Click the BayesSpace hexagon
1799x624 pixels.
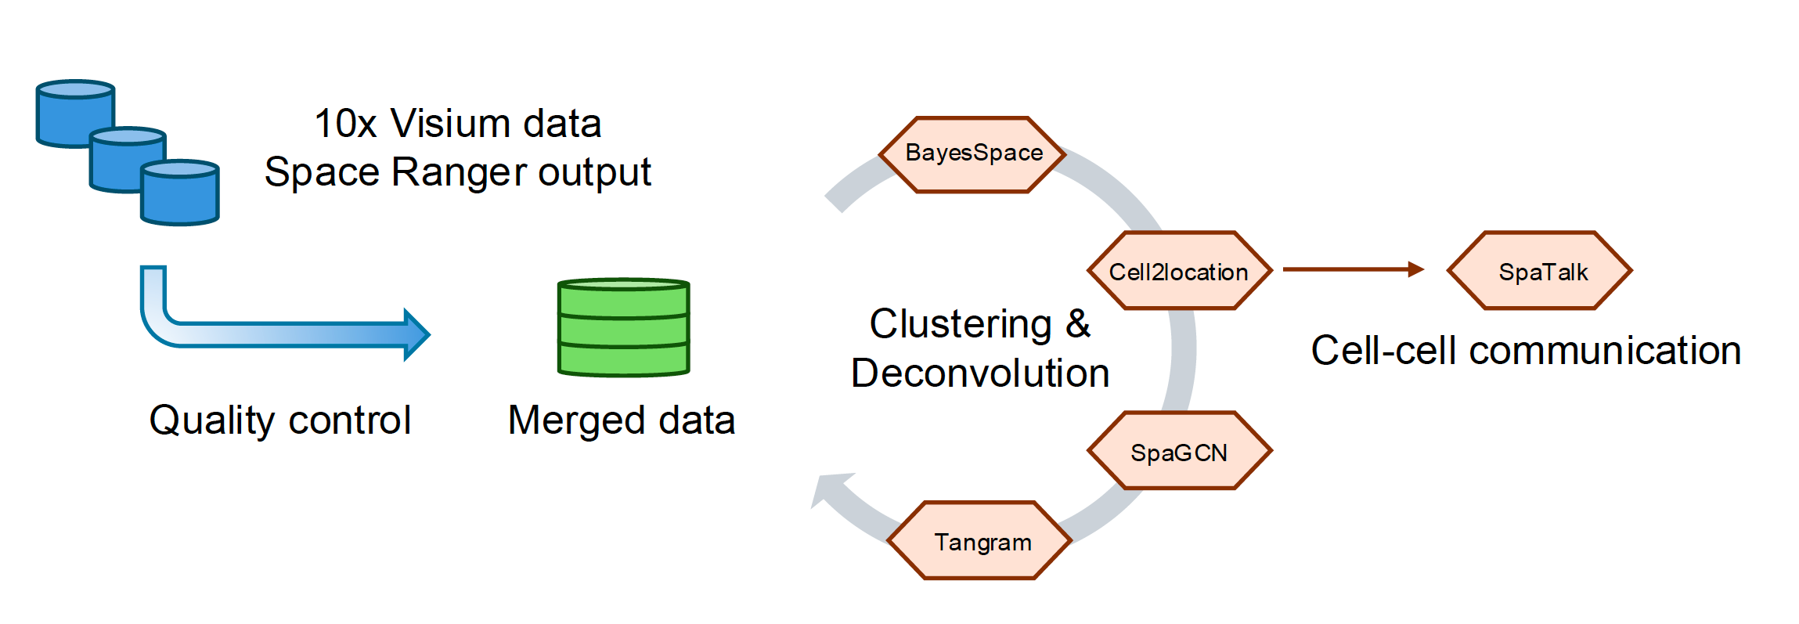[x=972, y=154]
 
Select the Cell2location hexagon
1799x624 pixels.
[x=1179, y=271]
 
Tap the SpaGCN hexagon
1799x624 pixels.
[x=1179, y=451]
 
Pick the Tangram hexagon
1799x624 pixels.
[x=979, y=540]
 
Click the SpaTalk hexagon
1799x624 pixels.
[x=1540, y=271]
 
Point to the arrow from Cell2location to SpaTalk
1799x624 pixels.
[x=1354, y=269]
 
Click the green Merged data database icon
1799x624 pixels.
[x=623, y=327]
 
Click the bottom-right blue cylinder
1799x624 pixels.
[x=179, y=193]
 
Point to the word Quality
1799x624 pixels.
[x=211, y=421]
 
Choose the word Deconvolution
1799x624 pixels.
[x=980, y=373]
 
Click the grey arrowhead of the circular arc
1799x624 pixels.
[x=831, y=490]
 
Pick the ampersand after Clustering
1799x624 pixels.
[x=1078, y=323]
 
